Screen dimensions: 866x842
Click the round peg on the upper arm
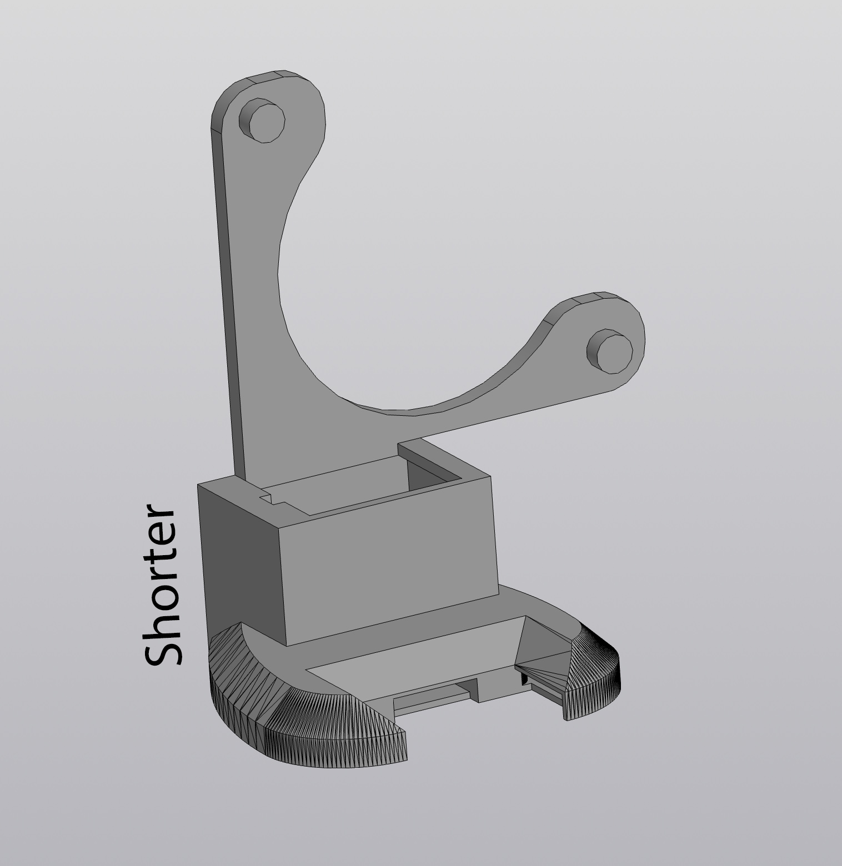(x=263, y=120)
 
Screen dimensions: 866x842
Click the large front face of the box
(x=389, y=566)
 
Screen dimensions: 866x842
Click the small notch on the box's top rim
(x=273, y=499)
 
